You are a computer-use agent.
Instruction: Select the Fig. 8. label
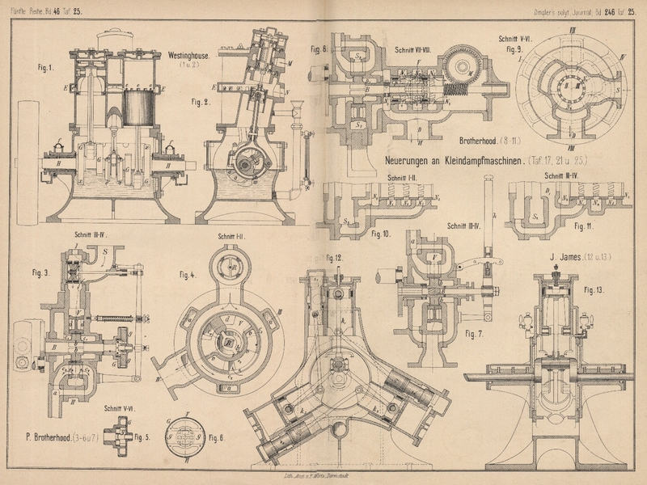[x=319, y=49]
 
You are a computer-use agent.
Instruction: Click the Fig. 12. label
[x=333, y=258]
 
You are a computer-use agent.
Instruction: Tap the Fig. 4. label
[x=187, y=275]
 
